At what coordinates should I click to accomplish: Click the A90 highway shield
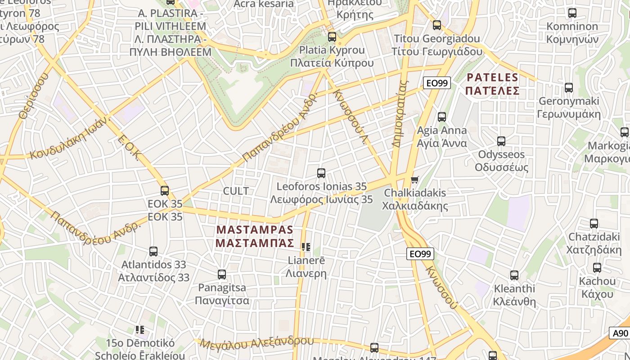click(620, 333)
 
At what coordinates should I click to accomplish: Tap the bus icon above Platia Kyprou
click(332, 37)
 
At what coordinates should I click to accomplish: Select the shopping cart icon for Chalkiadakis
click(414, 180)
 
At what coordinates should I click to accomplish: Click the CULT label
click(236, 191)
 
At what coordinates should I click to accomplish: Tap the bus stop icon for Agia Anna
click(442, 117)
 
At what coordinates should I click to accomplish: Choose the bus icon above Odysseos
click(501, 141)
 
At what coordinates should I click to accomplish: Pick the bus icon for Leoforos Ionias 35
click(321, 173)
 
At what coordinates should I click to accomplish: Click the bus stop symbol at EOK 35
click(165, 191)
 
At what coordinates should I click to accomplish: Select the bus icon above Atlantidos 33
click(153, 252)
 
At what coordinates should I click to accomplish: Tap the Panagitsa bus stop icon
click(222, 274)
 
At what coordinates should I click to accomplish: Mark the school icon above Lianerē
click(306, 247)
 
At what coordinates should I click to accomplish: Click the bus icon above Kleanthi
click(514, 275)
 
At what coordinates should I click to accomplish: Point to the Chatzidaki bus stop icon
click(594, 224)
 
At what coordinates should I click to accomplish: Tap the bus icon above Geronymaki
click(569, 88)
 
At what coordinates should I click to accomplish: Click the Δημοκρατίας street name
click(399, 114)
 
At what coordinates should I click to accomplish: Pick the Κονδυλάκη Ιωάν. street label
click(70, 137)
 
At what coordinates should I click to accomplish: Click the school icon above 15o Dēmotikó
click(139, 330)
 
